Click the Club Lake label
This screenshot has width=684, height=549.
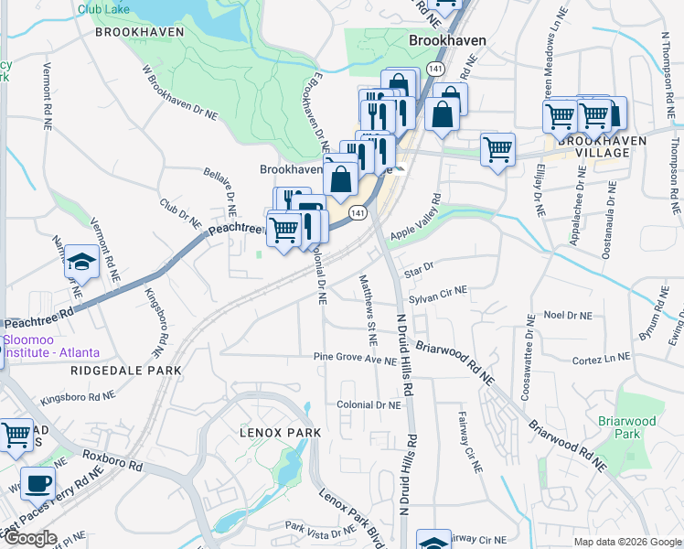point(102,8)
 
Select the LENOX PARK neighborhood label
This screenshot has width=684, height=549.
point(280,432)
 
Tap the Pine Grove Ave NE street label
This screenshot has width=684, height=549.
point(355,359)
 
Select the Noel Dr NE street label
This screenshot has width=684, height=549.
point(568,316)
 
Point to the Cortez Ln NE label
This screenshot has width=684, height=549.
point(601,359)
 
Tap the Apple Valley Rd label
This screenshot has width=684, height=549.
point(416,218)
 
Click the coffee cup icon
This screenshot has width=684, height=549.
point(37,483)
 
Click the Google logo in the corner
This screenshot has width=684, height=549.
point(30,539)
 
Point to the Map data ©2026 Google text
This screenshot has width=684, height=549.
point(627,542)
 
